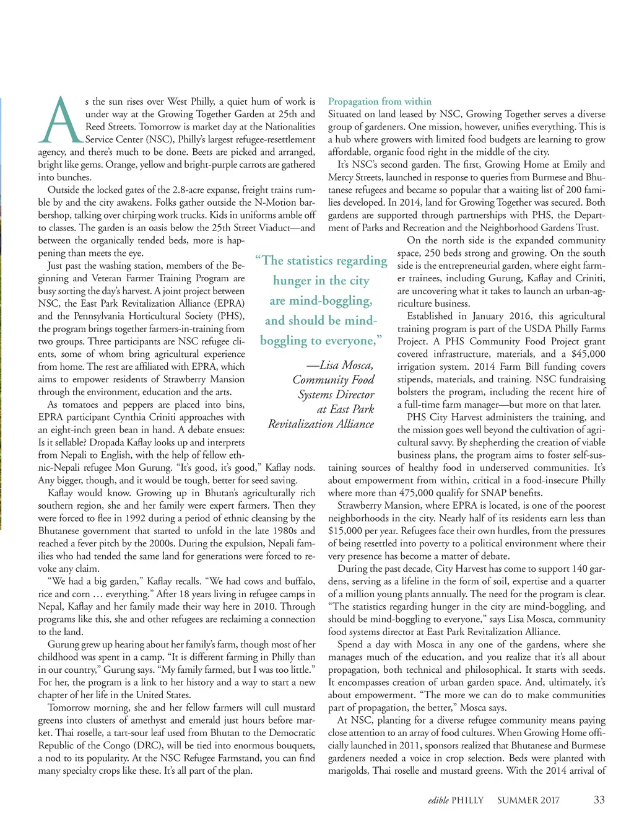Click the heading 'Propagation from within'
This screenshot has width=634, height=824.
(x=380, y=101)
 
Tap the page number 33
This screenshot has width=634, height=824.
(x=599, y=800)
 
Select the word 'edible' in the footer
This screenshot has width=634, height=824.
(x=438, y=800)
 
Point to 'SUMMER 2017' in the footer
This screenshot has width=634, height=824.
(x=528, y=800)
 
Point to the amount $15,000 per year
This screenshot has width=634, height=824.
(x=348, y=531)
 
